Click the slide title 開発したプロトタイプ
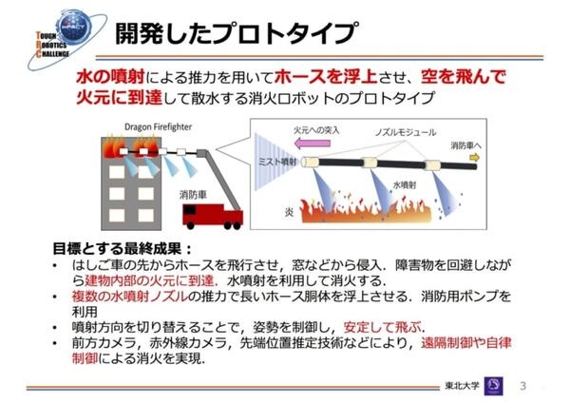coord(237,33)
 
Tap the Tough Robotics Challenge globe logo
coord(67,39)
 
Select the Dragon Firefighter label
coord(158,127)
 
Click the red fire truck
coord(213,216)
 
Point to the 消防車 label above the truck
coord(193,195)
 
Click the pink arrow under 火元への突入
coord(313,143)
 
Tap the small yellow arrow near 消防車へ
coord(475,158)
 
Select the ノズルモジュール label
coord(406,132)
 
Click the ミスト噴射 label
coord(277,162)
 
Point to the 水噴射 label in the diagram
coord(405,185)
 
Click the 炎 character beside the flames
coord(290,212)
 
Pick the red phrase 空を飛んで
coord(464,77)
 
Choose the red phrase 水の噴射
coord(110,77)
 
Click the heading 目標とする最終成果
coord(123,249)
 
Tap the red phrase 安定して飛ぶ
coord(383,327)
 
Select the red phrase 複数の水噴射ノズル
coord(130,297)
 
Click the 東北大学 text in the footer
coord(463,386)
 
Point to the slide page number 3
coord(523,386)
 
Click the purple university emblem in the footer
coord(494,386)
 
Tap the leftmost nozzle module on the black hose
coord(311,162)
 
